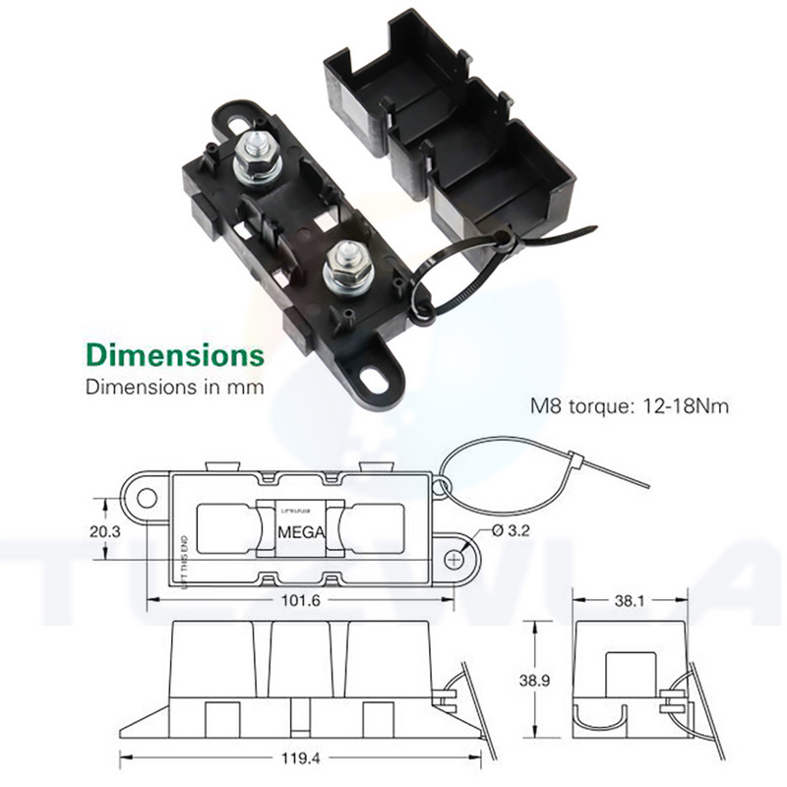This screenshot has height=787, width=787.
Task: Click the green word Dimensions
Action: pos(175,353)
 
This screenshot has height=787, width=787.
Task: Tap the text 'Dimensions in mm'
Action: pos(175,387)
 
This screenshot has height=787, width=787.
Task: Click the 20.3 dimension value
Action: pos(104,531)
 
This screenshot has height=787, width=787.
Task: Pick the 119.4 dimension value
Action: pos(301,758)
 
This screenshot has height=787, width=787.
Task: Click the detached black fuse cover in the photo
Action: pos(448,128)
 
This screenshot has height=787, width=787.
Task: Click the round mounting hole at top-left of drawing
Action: pos(146,498)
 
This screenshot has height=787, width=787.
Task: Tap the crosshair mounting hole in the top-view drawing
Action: pos(454,559)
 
